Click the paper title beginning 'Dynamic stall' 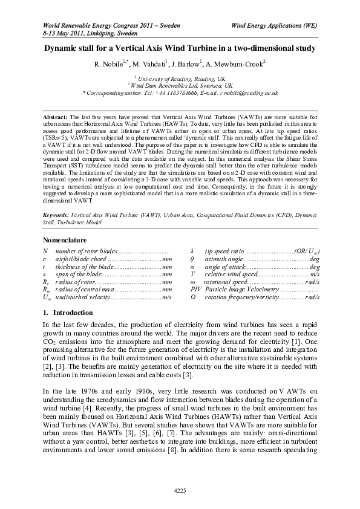click(x=180, y=47)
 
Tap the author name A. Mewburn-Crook click(x=238, y=62)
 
